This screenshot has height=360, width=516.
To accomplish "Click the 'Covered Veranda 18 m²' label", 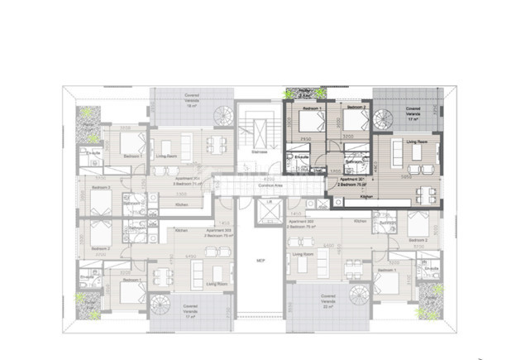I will (x=193, y=100).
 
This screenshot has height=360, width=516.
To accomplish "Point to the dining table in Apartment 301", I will (x=427, y=195).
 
